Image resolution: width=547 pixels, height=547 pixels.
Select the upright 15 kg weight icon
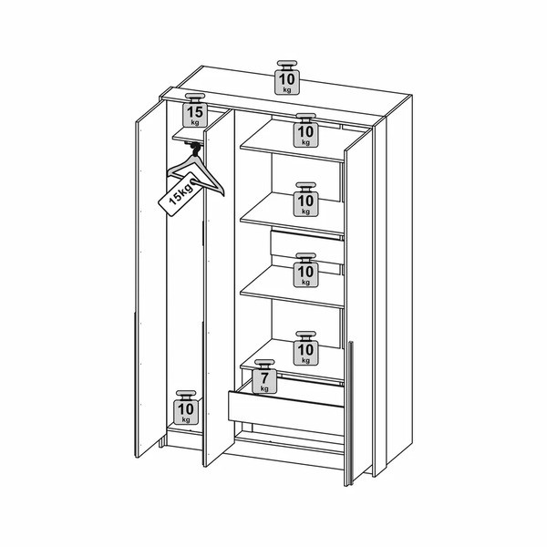click(195, 110)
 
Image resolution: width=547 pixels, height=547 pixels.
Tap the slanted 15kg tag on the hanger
click(181, 195)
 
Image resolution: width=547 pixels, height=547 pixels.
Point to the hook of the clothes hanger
click(195, 150)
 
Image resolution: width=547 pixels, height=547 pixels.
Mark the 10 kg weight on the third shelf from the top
click(306, 271)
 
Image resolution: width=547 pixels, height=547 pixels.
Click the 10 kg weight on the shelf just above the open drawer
click(306, 348)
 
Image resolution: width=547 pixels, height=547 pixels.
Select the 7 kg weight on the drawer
click(264, 377)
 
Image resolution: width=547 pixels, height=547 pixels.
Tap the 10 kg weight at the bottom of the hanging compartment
click(186, 408)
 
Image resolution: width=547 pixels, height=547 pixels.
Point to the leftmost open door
click(151, 278)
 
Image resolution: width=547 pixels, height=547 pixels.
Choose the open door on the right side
click(358, 306)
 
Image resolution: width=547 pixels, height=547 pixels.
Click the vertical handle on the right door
click(351, 412)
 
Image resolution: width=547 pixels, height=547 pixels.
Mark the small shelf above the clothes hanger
click(189, 137)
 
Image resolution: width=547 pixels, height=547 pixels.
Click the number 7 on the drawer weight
click(265, 377)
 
